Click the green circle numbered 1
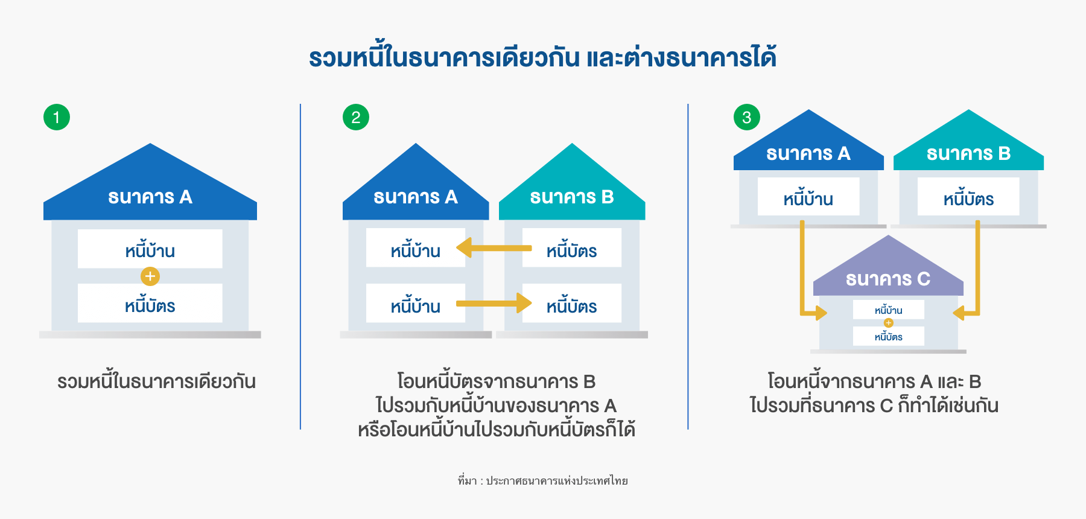tap(57, 117)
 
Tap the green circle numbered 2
tap(356, 117)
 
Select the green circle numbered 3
tap(747, 117)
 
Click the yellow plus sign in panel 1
tap(150, 276)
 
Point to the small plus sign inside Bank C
tap(889, 323)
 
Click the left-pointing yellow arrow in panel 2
tap(494, 247)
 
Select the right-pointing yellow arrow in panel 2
tap(494, 303)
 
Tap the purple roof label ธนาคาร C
tap(888, 279)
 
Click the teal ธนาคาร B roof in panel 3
tap(968, 153)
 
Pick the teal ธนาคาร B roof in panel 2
tap(572, 197)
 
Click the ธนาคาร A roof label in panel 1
tap(150, 197)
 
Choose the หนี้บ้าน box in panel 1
tap(150, 250)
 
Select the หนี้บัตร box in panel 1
tap(150, 305)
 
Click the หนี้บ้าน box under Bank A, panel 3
tap(808, 198)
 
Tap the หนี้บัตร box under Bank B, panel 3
tap(968, 198)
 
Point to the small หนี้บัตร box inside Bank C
tap(889, 337)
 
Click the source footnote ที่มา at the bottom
tap(543, 481)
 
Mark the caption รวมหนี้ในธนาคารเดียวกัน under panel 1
tap(156, 381)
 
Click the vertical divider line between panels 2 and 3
tap(688, 266)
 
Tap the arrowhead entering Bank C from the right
tap(959, 313)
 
